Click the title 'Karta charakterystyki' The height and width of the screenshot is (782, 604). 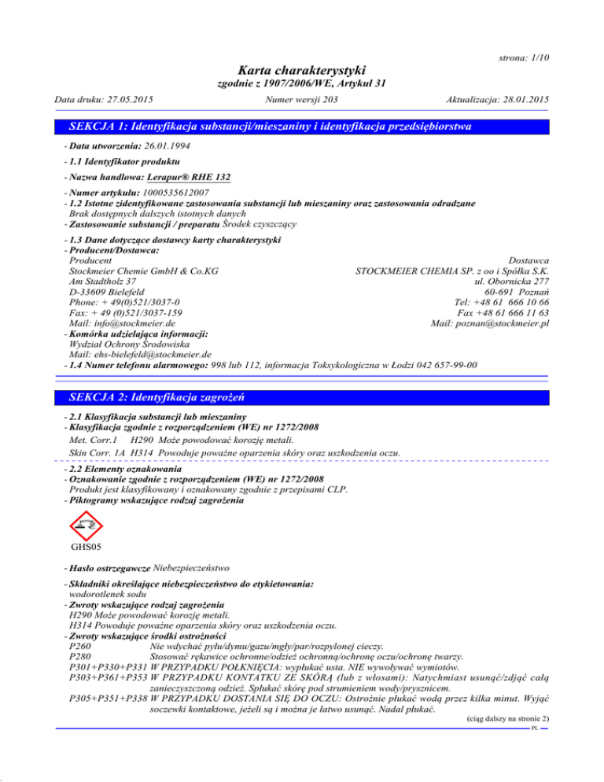coord(301,70)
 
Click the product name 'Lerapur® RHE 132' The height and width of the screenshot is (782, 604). coord(190,178)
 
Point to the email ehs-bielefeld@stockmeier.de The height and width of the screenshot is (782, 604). coord(142,354)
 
